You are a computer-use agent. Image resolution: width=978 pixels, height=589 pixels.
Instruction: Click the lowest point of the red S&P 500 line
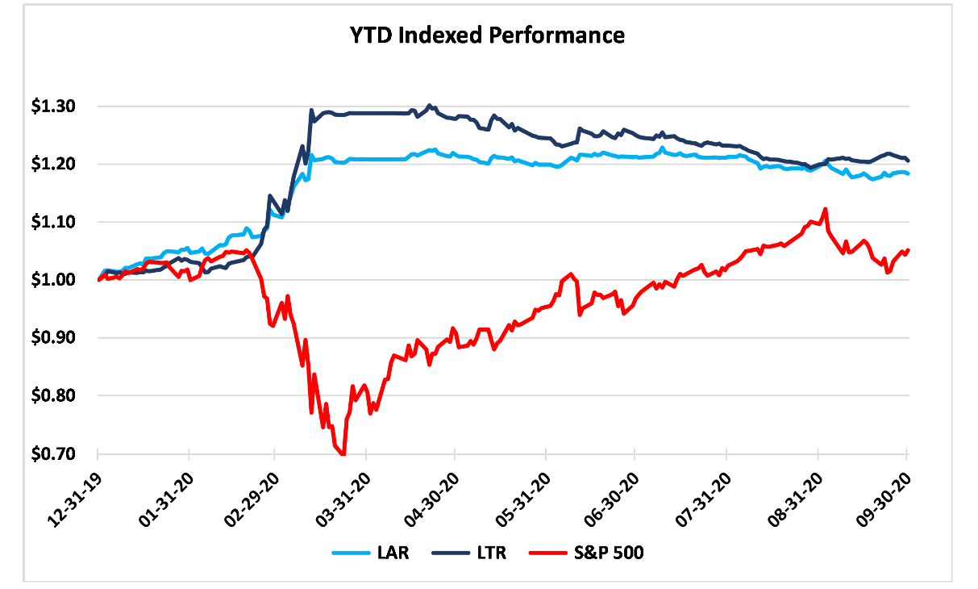tap(343, 454)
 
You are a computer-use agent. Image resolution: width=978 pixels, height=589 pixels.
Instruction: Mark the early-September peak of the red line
tap(825, 209)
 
